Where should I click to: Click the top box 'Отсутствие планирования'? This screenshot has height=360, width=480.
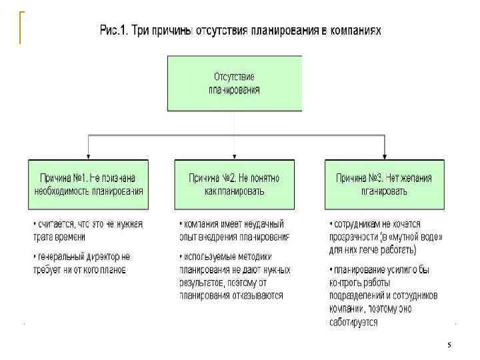[x=234, y=83]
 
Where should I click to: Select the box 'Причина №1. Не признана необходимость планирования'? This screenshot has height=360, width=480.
[x=89, y=184]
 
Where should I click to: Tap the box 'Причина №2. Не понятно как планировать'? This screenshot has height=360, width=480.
[x=234, y=184]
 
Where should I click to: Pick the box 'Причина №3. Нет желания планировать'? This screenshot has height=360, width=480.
[x=383, y=184]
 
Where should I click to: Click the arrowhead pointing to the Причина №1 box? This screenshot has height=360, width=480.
[x=89, y=155]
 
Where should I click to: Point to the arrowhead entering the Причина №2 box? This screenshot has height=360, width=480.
[x=234, y=155]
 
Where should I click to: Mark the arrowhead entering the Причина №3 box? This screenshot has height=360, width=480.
[x=383, y=155]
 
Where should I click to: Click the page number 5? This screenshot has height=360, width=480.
[x=449, y=345]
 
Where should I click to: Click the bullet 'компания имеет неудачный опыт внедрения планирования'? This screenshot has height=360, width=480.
[x=234, y=230]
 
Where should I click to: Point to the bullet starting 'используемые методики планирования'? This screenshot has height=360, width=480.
[x=234, y=275]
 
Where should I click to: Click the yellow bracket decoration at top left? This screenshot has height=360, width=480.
[x=20, y=27]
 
